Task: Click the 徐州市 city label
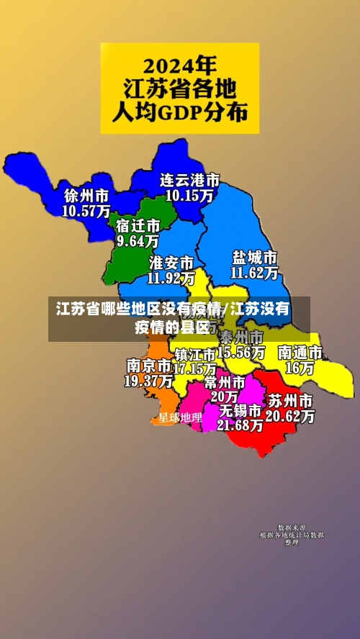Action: [x=86, y=196]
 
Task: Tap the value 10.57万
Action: [x=86, y=211]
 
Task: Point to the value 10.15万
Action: [x=189, y=194]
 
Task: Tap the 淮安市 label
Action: [x=171, y=261]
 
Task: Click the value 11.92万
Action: [x=171, y=276]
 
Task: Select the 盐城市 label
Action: [x=255, y=258]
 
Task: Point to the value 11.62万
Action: [x=255, y=273]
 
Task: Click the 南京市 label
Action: [x=148, y=366]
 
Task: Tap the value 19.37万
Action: [x=148, y=381]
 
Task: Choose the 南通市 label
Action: [x=300, y=353]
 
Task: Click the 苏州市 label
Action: [x=290, y=400]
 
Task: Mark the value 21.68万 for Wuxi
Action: [x=240, y=425]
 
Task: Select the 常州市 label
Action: [x=225, y=381]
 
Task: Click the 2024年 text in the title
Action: [x=179, y=67]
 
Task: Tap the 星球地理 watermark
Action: [x=180, y=417]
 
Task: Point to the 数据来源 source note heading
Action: [x=292, y=527]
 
